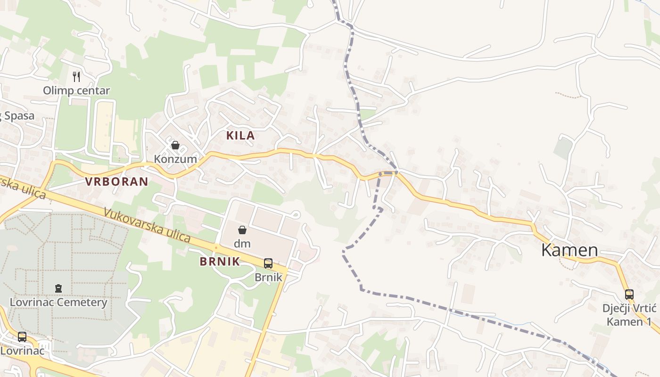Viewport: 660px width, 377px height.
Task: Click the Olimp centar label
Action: point(76,90)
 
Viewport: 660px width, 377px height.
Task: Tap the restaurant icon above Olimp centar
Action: point(76,76)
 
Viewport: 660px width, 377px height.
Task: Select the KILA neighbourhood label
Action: point(240,136)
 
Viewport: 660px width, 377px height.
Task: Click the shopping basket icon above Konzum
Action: point(175,145)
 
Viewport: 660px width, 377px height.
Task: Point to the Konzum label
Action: point(175,159)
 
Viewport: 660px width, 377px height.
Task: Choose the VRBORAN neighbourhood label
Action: point(116,181)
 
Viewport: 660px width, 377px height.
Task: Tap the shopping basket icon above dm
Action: point(242,230)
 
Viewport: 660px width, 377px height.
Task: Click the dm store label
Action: point(242,244)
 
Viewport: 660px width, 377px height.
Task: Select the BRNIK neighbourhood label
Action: point(220,262)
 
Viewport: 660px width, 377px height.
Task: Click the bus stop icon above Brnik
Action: point(268,263)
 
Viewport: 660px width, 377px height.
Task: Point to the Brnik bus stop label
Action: point(268,277)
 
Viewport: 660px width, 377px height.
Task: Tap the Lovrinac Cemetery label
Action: point(59,302)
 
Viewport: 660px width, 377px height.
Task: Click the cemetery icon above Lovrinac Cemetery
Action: point(58,288)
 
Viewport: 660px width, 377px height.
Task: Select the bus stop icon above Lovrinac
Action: point(22,337)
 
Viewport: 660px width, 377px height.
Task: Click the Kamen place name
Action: point(569,250)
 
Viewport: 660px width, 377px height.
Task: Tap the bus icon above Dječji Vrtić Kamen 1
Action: point(629,295)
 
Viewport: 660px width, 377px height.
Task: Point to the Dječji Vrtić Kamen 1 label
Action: point(629,315)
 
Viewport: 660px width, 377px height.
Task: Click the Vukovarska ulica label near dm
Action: point(147,226)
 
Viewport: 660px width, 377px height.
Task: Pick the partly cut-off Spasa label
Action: point(18,116)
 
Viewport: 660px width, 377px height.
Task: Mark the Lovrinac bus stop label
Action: point(22,351)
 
